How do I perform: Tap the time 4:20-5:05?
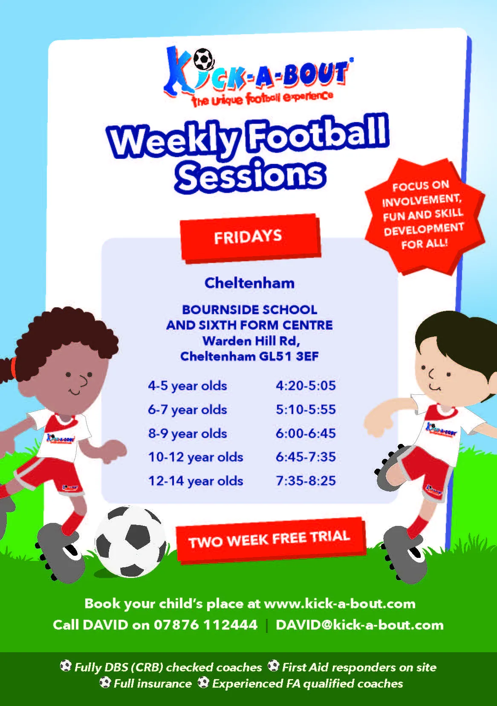[306, 385]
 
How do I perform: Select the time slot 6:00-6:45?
[306, 433]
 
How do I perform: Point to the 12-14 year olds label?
[196, 481]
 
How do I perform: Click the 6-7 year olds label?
[187, 410]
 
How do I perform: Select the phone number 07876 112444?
[205, 624]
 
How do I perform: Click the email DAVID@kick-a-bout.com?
[359, 624]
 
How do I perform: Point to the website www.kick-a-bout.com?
[340, 604]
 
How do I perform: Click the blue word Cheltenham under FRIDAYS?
[249, 283]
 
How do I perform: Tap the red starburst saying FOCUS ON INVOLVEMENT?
[423, 216]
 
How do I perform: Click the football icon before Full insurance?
[105, 683]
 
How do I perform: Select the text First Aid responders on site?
[359, 667]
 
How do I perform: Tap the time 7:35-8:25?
[306, 481]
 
